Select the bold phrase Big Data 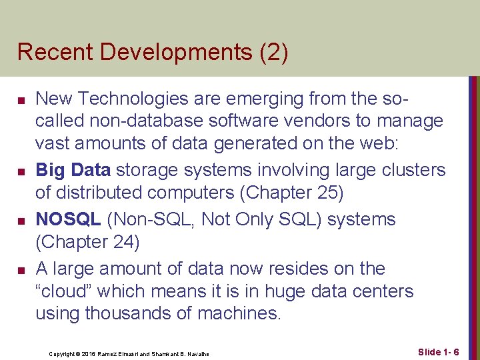[73, 170]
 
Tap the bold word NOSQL [68, 219]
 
